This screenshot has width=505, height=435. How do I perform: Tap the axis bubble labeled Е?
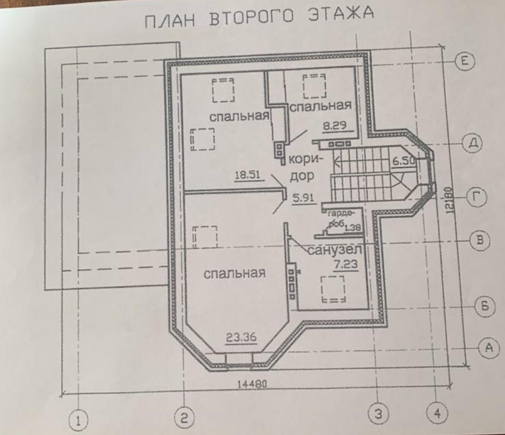(464, 62)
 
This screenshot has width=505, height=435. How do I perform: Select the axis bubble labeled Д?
(471, 143)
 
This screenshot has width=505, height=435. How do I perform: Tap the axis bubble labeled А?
(488, 347)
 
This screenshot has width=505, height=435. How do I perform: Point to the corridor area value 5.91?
(304, 198)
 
